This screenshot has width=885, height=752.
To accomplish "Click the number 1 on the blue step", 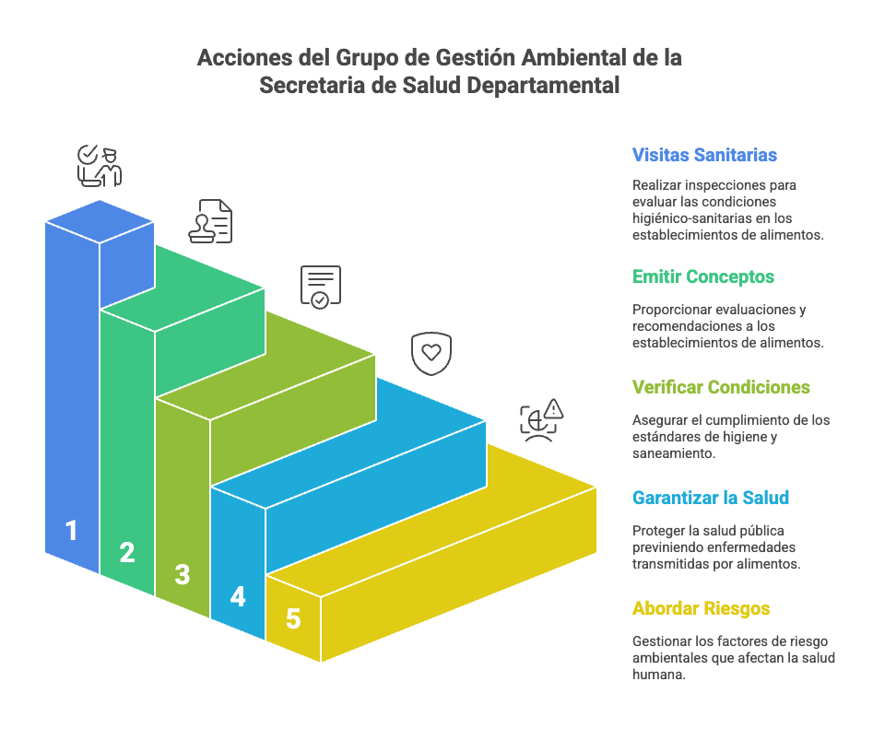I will (x=72, y=531).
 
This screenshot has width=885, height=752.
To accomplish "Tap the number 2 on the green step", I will (x=127, y=553).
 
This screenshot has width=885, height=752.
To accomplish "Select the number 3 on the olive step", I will (x=183, y=575).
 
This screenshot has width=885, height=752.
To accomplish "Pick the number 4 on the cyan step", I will (x=238, y=597).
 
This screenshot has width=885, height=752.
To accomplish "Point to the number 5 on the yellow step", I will (x=293, y=619).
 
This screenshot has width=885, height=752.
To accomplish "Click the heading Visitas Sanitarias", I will (x=704, y=155).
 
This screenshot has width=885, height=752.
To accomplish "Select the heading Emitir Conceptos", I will (x=703, y=276).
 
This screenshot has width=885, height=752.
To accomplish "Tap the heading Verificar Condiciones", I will (x=721, y=387).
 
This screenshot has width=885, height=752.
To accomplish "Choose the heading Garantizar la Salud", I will (x=711, y=498).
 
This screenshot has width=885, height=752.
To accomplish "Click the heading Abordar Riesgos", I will (x=701, y=608).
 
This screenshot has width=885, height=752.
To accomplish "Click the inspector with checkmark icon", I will (x=99, y=165).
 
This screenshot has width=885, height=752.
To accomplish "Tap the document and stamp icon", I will (x=210, y=221).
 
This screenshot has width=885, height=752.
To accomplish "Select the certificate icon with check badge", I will (x=320, y=286).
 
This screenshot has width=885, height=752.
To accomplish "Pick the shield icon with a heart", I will (x=431, y=353).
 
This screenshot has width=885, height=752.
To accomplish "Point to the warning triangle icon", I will (x=553, y=408).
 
